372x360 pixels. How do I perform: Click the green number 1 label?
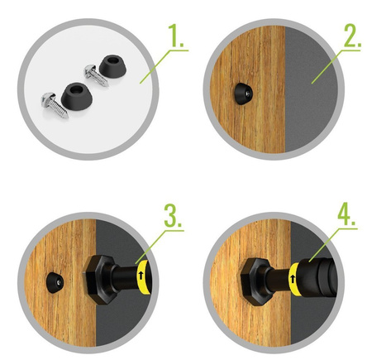point(175,36)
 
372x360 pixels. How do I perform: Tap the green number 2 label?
point(352,36)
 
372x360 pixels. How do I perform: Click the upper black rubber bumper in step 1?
point(112,65)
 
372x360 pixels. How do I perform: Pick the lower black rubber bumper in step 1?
point(77,94)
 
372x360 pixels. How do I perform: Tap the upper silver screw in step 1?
point(96,75)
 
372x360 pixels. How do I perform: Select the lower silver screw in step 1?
point(55,105)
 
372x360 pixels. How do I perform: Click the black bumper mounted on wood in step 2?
point(243,94)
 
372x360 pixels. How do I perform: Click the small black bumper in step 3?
point(55,283)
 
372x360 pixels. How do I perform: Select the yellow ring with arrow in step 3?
point(144,276)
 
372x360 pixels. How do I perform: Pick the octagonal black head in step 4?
point(255,281)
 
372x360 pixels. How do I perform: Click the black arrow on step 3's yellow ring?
point(141,276)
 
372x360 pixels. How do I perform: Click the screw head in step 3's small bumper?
point(60,282)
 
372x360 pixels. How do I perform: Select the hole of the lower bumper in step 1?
point(77,89)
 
